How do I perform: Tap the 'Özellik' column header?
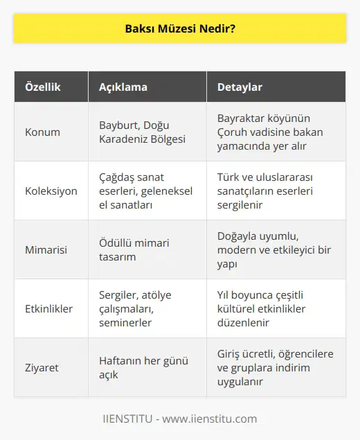(44, 87)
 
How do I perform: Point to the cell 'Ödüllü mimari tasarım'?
(136, 249)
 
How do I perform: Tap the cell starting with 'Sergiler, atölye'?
(136, 308)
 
